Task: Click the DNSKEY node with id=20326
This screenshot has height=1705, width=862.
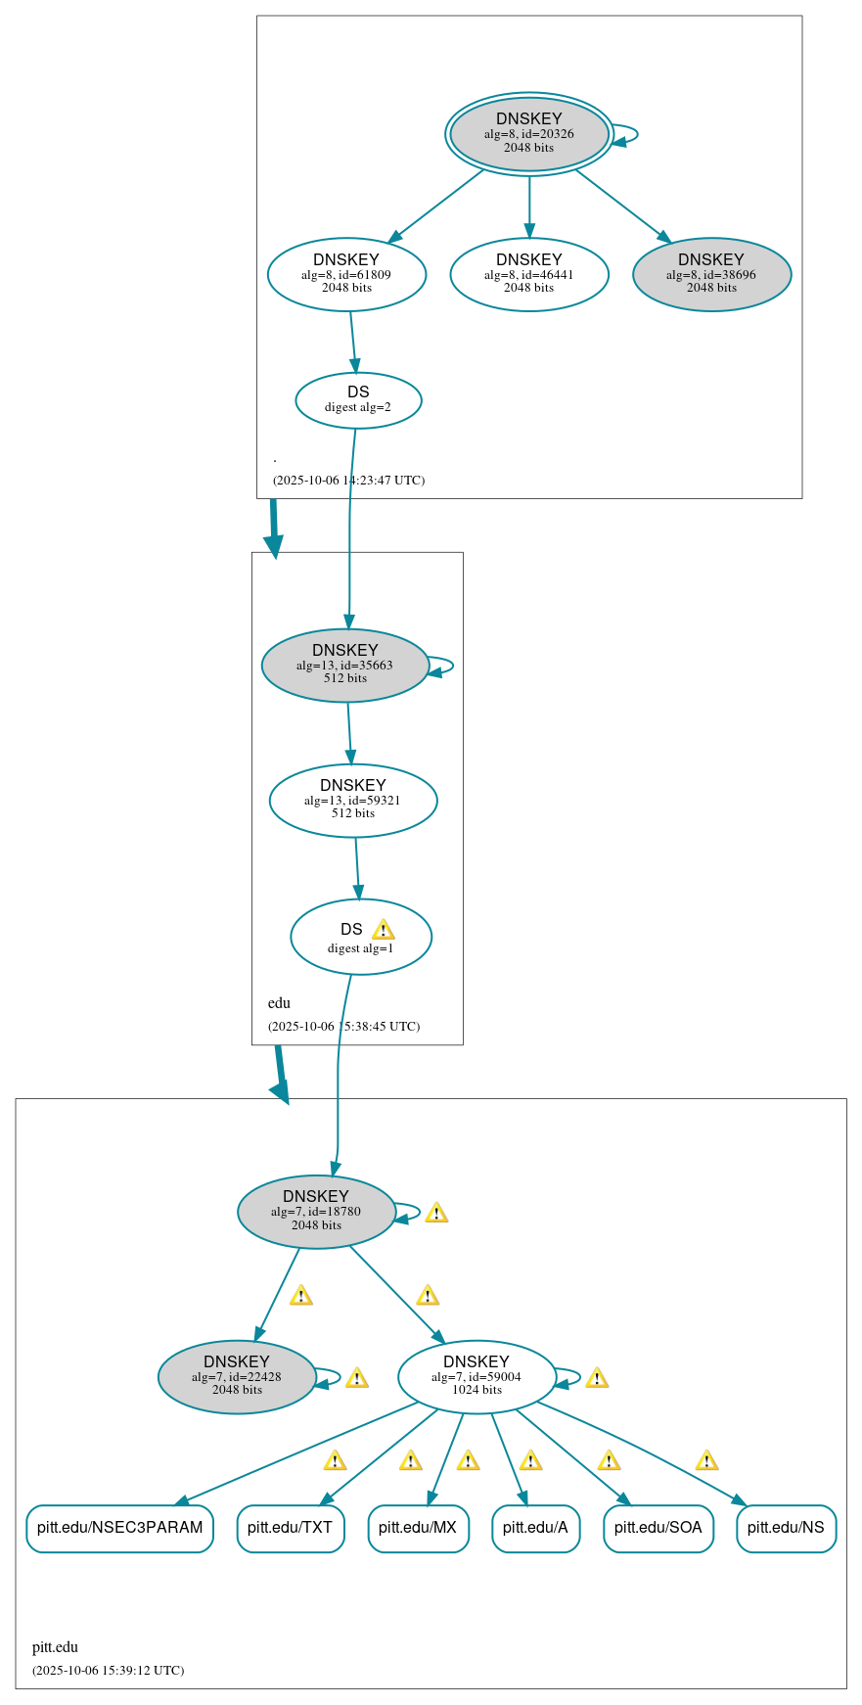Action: pyautogui.click(x=528, y=134)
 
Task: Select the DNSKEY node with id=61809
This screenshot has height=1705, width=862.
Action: pyautogui.click(x=346, y=274)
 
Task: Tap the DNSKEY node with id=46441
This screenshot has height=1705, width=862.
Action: pyautogui.click(x=528, y=274)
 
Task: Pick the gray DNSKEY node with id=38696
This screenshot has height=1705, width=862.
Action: pyautogui.click(x=711, y=274)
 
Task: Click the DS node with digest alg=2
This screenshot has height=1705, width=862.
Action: pyautogui.click(x=358, y=399)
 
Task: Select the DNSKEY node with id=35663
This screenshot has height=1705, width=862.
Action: pyautogui.click(x=344, y=665)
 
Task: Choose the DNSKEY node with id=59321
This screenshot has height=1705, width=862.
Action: pyautogui.click(x=352, y=800)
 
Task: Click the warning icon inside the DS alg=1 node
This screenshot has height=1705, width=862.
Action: pyautogui.click(x=383, y=930)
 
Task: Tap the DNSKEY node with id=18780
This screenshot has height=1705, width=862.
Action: pyautogui.click(x=316, y=1211)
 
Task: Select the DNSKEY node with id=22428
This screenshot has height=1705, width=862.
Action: pyautogui.click(x=237, y=1376)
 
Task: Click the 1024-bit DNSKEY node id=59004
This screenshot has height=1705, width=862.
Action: pyautogui.click(x=476, y=1376)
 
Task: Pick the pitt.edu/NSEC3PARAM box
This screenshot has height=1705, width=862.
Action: pyautogui.click(x=119, y=1528)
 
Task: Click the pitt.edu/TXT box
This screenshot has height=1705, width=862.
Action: pyautogui.click(x=290, y=1528)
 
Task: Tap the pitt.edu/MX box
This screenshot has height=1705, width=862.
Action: pyautogui.click(x=418, y=1528)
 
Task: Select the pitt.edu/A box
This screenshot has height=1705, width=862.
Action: pyautogui.click(x=535, y=1528)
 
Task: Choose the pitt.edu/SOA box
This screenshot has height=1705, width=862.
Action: pyautogui.click(x=658, y=1528)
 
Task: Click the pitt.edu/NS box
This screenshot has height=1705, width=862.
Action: pyautogui.click(x=786, y=1528)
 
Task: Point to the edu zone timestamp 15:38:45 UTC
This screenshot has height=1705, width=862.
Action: pyautogui.click(x=343, y=1026)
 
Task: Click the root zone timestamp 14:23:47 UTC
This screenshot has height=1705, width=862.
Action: pyautogui.click(x=348, y=480)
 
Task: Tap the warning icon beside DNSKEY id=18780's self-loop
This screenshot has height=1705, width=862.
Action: pyautogui.click(x=436, y=1213)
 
